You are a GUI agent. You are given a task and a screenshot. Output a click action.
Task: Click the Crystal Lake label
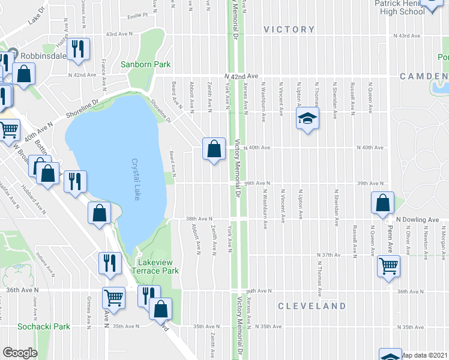[x=135, y=179]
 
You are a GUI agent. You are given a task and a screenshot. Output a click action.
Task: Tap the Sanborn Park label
[x=145, y=64]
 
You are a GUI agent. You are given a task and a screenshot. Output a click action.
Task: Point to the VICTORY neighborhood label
[x=289, y=29]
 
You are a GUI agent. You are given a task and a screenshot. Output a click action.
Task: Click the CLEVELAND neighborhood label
[x=312, y=306]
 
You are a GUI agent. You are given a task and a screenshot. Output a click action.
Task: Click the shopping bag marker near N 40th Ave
[x=214, y=148]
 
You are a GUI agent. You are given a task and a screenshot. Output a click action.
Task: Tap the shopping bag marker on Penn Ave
[x=383, y=204]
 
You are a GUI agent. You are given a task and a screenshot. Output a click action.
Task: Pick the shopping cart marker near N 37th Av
[x=389, y=265]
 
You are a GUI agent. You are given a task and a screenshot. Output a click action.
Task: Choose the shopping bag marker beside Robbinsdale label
[x=23, y=75]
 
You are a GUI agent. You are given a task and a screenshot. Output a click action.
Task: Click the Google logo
[x=20, y=353]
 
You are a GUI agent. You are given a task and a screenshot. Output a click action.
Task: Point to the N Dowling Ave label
[x=416, y=220]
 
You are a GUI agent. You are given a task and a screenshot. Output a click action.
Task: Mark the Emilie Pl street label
[x=137, y=17]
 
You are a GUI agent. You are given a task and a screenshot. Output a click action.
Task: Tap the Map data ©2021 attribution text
[x=424, y=355]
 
